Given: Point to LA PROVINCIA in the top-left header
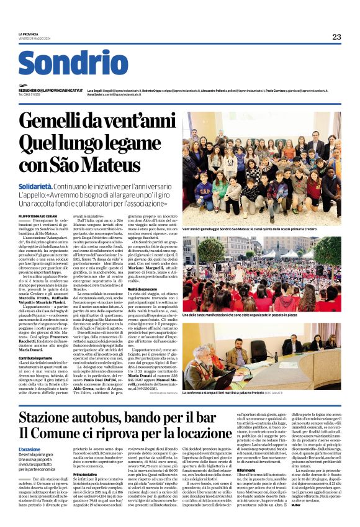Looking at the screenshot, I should tap(28, 34).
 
